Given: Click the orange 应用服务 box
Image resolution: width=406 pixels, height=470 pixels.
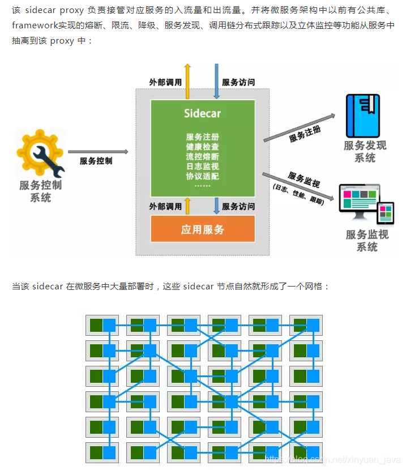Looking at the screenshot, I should (x=202, y=229).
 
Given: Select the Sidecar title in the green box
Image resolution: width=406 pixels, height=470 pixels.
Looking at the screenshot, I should (x=202, y=113).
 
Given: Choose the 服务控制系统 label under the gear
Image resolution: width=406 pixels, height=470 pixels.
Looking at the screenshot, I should (x=40, y=191).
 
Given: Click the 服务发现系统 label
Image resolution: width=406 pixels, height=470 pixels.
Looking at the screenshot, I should (x=365, y=151).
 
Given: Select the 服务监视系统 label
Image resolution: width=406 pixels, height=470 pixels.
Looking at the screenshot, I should (x=367, y=240).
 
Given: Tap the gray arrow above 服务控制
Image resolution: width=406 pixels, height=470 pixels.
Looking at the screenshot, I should (x=97, y=152).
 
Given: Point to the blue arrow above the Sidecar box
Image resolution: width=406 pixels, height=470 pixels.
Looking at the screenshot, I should (x=216, y=80).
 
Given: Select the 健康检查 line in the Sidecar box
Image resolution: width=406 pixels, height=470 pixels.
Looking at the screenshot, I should (x=202, y=147).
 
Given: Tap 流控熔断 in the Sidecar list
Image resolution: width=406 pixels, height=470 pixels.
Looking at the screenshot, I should (x=202, y=156).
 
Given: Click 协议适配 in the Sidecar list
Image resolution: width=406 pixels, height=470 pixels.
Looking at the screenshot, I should (x=202, y=176).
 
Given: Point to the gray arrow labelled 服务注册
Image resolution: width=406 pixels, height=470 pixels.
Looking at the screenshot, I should (x=300, y=127).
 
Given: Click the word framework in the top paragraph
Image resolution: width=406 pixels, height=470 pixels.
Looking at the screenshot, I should (x=35, y=26).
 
